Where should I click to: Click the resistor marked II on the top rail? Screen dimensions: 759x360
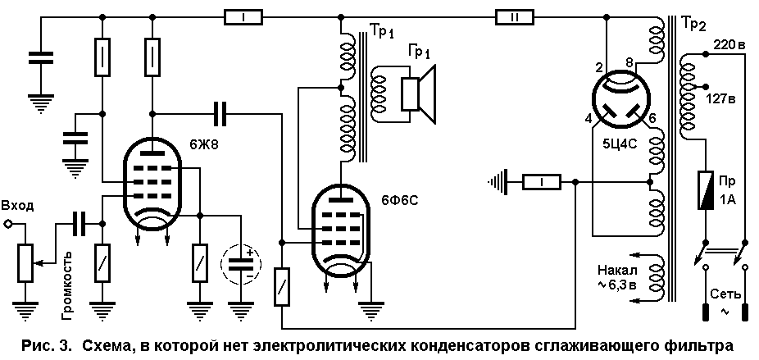pyautogui.click(x=514, y=18)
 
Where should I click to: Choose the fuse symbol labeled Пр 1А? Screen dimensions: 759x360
pyautogui.click(x=705, y=190)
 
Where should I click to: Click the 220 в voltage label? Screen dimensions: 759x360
pyautogui.click(x=728, y=46)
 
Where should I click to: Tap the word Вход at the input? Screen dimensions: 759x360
pyautogui.click(x=18, y=206)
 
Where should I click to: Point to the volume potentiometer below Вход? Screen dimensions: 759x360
pyautogui.click(x=25, y=262)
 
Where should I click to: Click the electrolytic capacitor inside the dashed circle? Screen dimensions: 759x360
pyautogui.click(x=241, y=265)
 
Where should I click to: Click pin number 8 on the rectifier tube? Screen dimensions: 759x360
pyautogui.click(x=629, y=62)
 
